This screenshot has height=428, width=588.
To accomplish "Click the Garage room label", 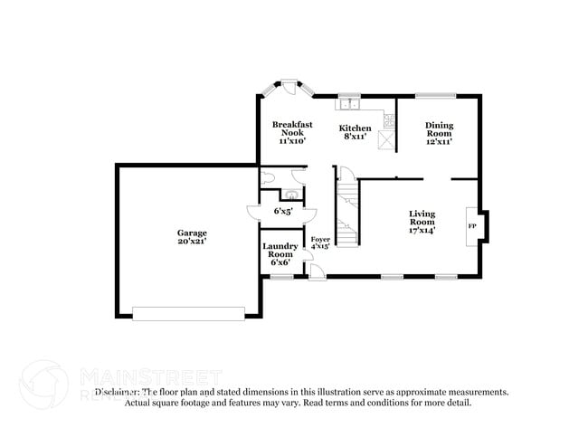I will [x=192, y=233].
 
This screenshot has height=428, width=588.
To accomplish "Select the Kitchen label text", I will [x=355, y=128].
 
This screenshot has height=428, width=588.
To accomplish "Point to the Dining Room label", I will [x=440, y=126].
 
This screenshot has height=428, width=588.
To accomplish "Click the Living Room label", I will [x=422, y=217].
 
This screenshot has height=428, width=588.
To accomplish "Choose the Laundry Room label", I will [x=280, y=251].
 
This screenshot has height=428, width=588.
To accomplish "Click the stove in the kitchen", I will [x=389, y=119].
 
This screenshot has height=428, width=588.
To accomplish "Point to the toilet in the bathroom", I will [x=267, y=177].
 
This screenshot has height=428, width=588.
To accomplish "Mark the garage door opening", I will [x=188, y=313].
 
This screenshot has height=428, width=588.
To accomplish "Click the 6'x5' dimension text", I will [x=280, y=211].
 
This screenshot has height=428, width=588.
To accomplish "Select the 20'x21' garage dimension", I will [x=192, y=242].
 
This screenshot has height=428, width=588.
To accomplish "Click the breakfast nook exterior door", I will [x=287, y=88].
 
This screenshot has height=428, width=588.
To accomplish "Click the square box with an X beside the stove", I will [x=389, y=138].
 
